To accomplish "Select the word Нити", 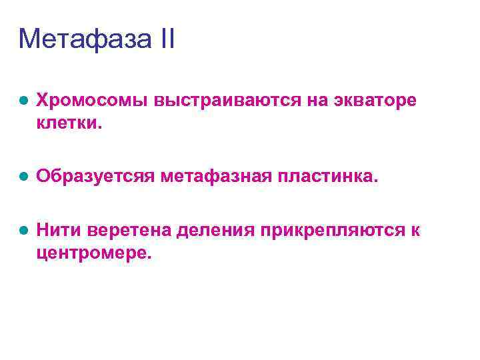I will tap(56, 231).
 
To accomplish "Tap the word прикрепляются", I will tap(333, 231).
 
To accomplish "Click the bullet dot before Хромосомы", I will tap(23, 101).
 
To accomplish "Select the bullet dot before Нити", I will tap(23, 231).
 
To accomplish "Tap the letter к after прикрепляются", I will tap(415, 231).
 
